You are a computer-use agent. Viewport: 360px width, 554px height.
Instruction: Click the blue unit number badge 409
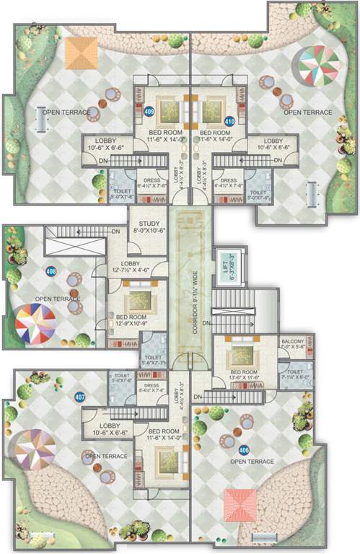[x=149, y=112]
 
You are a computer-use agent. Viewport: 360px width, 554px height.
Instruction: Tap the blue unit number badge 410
[x=230, y=120]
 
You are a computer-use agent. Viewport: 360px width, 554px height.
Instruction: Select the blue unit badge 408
[x=51, y=272]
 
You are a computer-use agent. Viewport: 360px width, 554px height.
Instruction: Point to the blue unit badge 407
[x=79, y=396]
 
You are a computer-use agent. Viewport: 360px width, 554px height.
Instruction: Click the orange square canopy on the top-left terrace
[x=81, y=53]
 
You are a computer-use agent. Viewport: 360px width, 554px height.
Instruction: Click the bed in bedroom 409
[x=169, y=110]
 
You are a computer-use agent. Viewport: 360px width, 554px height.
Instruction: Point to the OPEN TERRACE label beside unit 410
[x=307, y=113]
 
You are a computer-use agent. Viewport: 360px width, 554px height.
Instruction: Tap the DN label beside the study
[x=116, y=231]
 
